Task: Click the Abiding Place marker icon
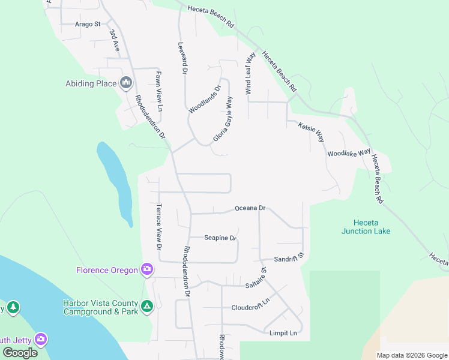(125, 83)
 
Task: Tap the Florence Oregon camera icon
(147, 269)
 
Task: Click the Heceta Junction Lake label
(366, 227)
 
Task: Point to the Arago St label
(88, 24)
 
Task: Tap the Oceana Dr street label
(250, 208)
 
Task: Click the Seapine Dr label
(220, 238)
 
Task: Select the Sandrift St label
(290, 259)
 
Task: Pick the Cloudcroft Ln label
(251, 307)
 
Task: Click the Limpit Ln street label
(284, 333)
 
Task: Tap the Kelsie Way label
(311, 130)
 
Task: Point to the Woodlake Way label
(349, 153)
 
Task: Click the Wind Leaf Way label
(250, 73)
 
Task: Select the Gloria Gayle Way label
(222, 120)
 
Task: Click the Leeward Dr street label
(182, 58)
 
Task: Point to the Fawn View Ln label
(159, 92)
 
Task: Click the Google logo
(20, 352)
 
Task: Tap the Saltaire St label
(255, 280)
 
